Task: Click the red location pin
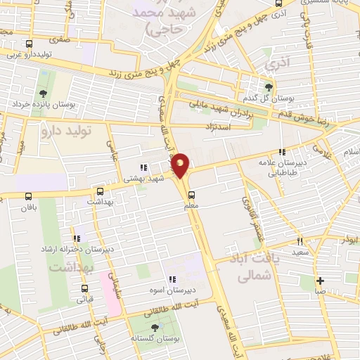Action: [x=180, y=165]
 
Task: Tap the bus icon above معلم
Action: [x=191, y=195]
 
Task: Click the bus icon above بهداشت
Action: [x=101, y=191]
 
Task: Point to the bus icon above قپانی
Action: [x=85, y=288]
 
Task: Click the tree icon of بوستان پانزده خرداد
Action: [x=44, y=93]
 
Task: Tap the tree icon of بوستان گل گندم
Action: [x=268, y=87]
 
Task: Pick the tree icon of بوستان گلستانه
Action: [x=155, y=328]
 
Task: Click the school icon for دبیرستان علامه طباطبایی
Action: [x=282, y=152]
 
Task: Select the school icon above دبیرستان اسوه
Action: [x=172, y=279]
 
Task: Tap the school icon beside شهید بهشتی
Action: [x=143, y=167]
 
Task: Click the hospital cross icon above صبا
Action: [x=320, y=279]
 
